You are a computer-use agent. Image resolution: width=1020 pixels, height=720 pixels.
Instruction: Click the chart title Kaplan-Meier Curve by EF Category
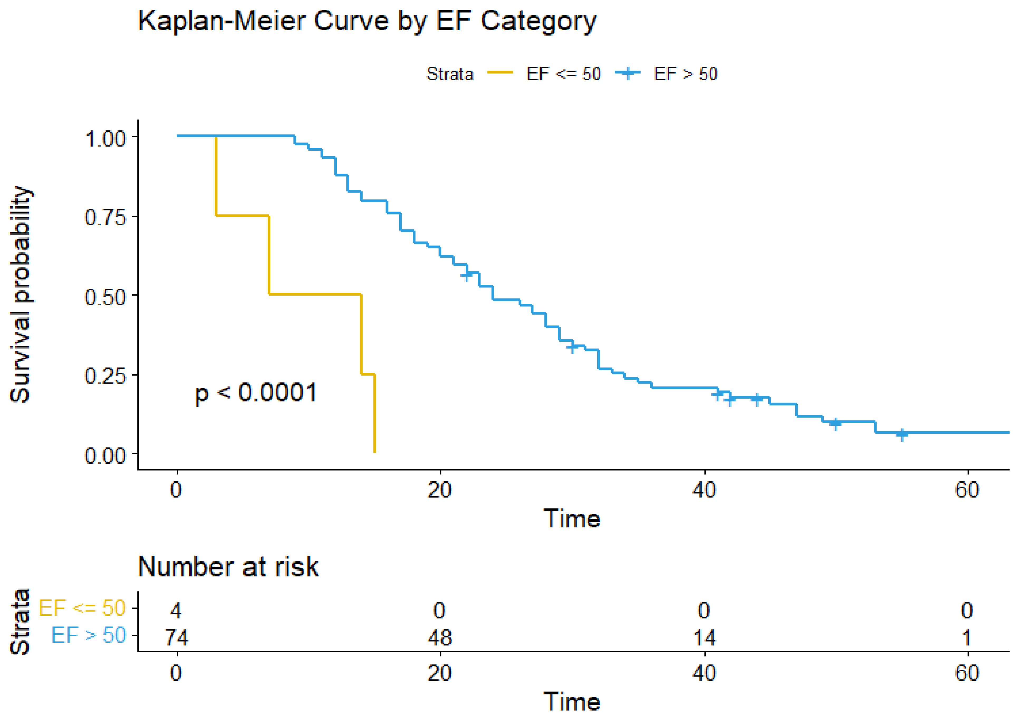click(x=367, y=21)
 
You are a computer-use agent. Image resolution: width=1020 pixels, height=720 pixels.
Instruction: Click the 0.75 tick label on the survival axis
click(x=105, y=217)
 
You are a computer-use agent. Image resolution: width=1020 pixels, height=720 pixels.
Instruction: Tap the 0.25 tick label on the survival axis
click(x=105, y=375)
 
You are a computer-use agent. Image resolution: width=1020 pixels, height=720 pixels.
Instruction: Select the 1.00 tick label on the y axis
click(x=105, y=138)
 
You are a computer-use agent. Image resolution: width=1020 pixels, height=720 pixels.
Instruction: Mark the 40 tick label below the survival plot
click(x=704, y=490)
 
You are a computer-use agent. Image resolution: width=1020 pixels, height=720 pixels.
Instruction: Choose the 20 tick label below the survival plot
click(x=440, y=490)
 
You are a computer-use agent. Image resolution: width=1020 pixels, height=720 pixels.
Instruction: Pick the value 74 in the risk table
click(x=177, y=638)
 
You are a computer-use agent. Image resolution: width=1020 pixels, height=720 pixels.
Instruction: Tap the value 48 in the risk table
click(x=440, y=638)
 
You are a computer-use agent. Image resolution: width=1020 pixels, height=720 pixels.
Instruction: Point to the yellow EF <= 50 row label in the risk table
click(x=82, y=608)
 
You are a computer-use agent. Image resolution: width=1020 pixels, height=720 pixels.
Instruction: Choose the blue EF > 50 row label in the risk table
click(x=88, y=635)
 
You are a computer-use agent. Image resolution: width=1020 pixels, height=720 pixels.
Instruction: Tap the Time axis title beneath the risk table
click(x=572, y=702)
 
